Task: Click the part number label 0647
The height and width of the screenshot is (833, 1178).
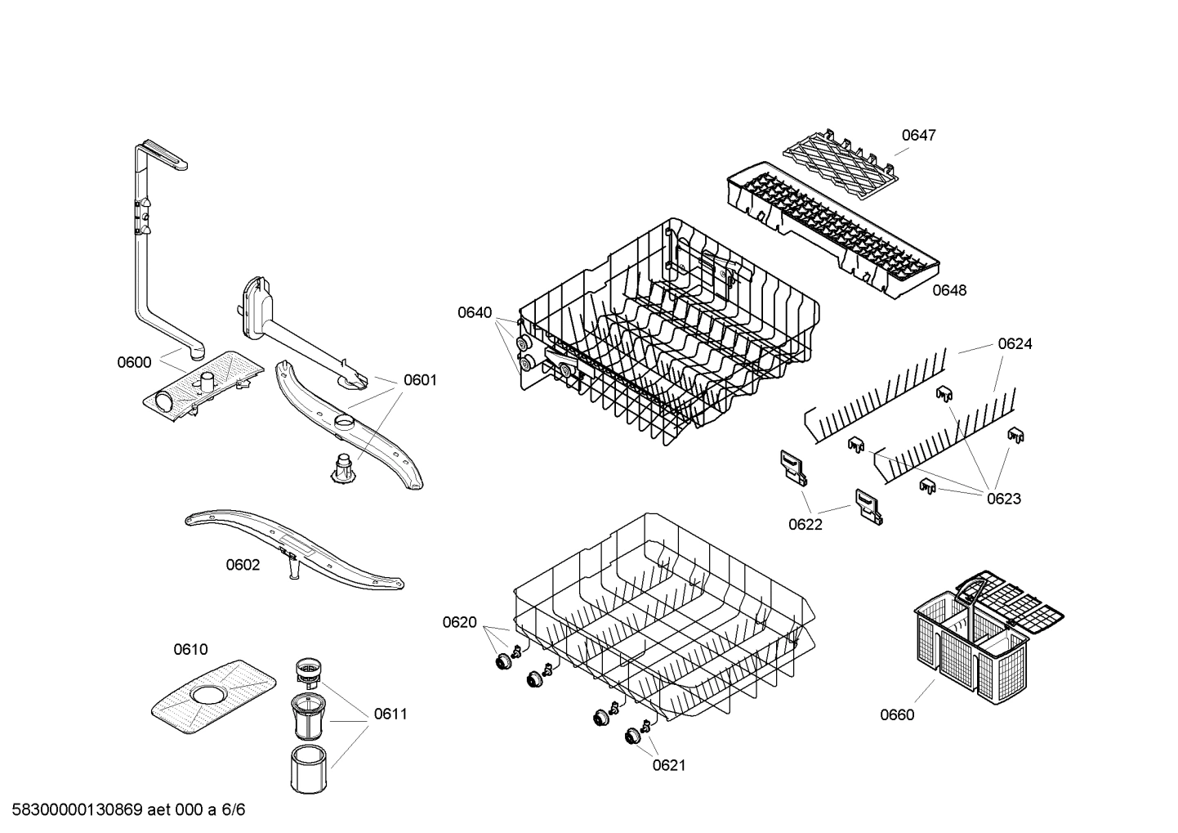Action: click(x=918, y=135)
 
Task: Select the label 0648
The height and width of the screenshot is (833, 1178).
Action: click(x=949, y=290)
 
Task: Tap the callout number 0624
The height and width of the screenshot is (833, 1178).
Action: click(x=1015, y=344)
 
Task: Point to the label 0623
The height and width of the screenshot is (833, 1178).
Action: click(x=1003, y=499)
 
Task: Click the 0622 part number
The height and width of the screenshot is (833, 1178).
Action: click(x=805, y=525)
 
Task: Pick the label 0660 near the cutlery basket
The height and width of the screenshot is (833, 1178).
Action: click(x=897, y=715)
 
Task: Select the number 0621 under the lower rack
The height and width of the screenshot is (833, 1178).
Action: click(x=668, y=765)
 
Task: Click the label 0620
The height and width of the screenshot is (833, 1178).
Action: click(x=459, y=623)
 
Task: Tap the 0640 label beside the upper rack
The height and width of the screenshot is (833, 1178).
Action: click(x=475, y=312)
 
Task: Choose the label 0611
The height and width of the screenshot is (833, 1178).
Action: click(x=390, y=714)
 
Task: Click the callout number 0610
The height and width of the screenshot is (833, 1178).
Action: click(x=190, y=650)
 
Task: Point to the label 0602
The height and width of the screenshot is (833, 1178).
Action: click(x=243, y=565)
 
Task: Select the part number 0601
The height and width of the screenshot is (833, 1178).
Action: click(x=420, y=380)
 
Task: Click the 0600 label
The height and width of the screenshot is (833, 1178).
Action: click(x=134, y=363)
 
